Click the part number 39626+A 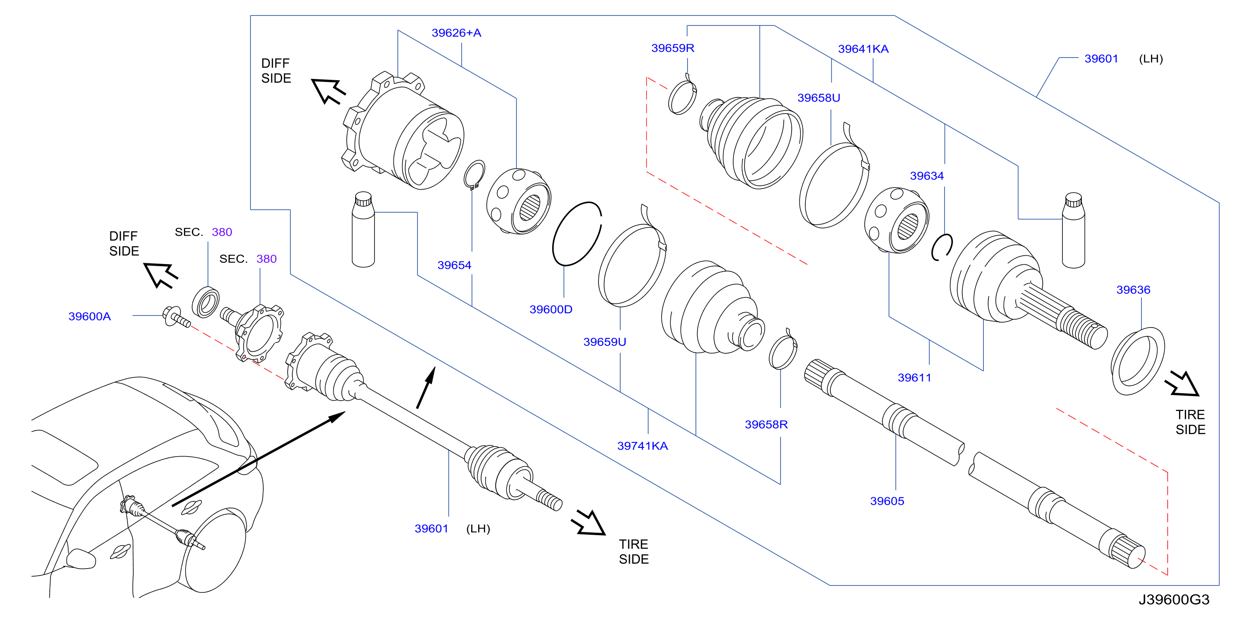tap(456, 33)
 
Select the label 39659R tap(672, 48)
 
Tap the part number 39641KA tap(863, 49)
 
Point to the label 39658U tap(818, 98)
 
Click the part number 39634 tap(927, 176)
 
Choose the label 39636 tap(1133, 290)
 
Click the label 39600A tap(89, 316)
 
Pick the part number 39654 tap(454, 265)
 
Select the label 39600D tap(551, 309)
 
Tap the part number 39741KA tap(642, 446)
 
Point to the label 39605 tap(887, 501)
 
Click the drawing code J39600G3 tap(1174, 600)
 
